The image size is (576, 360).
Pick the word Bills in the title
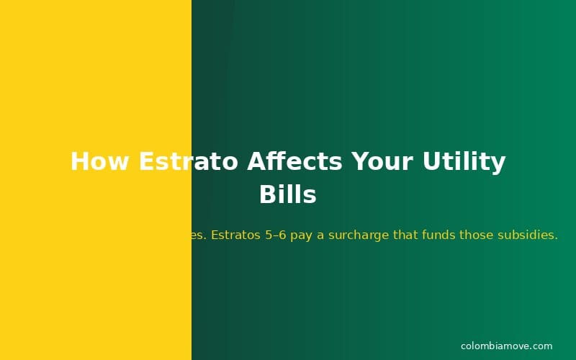click(x=288, y=194)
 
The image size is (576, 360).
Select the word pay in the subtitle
click(x=302, y=235)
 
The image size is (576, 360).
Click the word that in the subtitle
click(x=405, y=235)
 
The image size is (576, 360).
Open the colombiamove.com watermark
click(x=506, y=346)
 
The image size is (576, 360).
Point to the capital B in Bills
click(x=266, y=194)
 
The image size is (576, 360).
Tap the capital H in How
click(x=79, y=161)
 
